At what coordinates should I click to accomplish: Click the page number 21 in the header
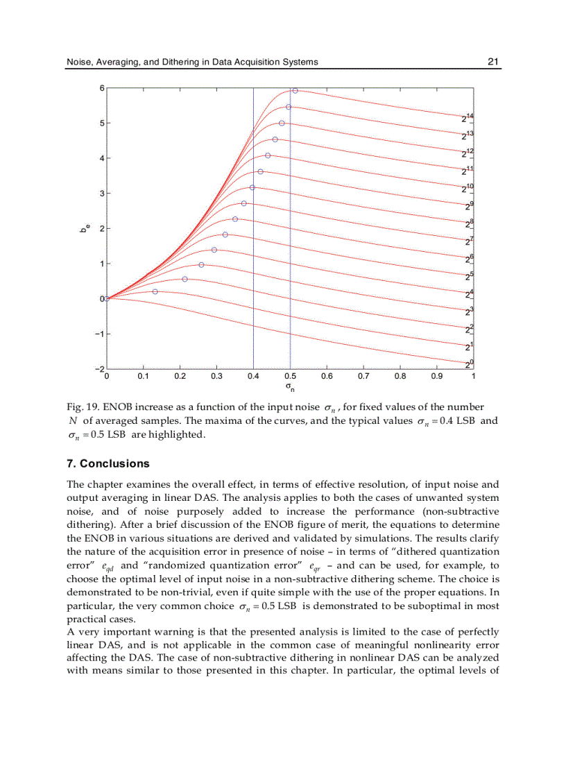pyautogui.click(x=493, y=62)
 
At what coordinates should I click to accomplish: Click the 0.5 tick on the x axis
pyautogui.click(x=289, y=377)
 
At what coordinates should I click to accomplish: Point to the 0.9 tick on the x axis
pyautogui.click(x=436, y=377)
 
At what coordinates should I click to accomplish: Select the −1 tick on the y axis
pyautogui.click(x=99, y=334)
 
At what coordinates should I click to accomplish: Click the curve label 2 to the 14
pyautogui.click(x=468, y=118)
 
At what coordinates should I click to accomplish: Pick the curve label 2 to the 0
pyautogui.click(x=468, y=363)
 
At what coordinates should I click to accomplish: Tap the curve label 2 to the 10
pyautogui.click(x=468, y=188)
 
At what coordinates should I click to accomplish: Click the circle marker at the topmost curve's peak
pyautogui.click(x=295, y=91)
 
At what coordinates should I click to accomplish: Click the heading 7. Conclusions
pyautogui.click(x=108, y=463)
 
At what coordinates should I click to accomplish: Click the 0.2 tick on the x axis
pyautogui.click(x=180, y=377)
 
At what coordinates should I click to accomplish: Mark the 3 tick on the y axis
pyautogui.click(x=101, y=194)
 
